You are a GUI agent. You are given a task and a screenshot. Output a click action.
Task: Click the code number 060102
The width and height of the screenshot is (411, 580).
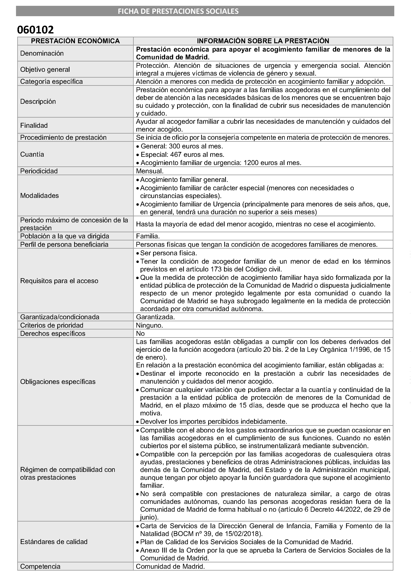pyautogui.click(x=35, y=30)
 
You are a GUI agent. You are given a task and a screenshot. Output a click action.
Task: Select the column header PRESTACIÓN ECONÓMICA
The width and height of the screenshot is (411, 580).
pyautogui.click(x=75, y=41)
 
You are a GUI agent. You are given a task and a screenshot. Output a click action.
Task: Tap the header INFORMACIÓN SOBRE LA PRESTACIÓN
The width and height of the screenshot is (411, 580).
pyautogui.click(x=263, y=41)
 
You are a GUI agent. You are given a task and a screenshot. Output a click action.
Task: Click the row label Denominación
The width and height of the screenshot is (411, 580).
pyautogui.click(x=42, y=53)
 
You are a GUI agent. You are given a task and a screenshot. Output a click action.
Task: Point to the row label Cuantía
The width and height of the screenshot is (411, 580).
pyautogui.click(x=32, y=154)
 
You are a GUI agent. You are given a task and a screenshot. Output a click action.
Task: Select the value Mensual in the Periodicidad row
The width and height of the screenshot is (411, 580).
pyautogui.click(x=149, y=171)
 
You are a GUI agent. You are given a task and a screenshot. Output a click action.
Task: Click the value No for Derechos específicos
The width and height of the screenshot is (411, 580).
pyautogui.click(x=140, y=333)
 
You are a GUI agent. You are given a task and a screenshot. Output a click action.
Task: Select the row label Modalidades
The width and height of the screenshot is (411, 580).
pyautogui.click(x=39, y=196)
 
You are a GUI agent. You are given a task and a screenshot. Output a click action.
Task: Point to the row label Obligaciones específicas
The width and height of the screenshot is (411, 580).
pyautogui.click(x=58, y=382)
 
